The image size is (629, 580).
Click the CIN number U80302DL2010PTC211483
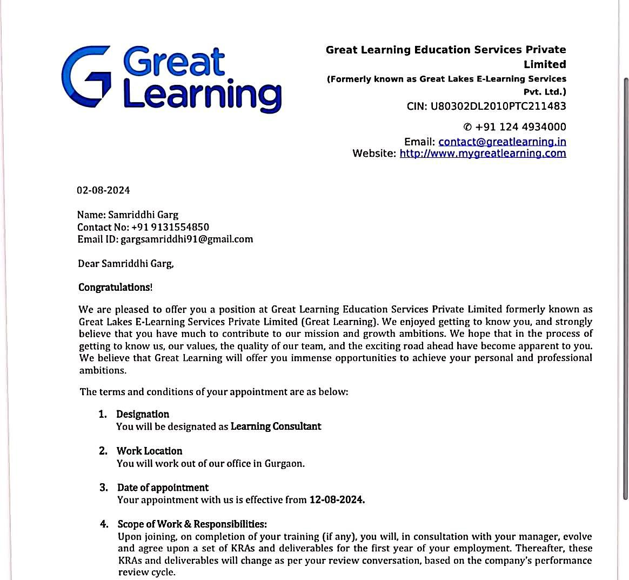point(498,106)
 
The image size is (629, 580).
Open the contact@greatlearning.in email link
point(502,142)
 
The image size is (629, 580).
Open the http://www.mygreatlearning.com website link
point(483,154)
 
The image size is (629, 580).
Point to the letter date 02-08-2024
point(103,190)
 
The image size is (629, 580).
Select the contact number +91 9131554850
point(170,227)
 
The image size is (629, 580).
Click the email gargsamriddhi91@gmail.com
point(186,239)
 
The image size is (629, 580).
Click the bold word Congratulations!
point(115,287)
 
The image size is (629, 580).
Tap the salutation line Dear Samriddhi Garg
point(126,264)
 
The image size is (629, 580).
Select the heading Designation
point(143,414)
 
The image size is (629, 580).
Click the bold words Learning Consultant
point(276,426)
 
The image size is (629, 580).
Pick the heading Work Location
point(149,451)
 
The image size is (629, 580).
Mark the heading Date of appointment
point(163,488)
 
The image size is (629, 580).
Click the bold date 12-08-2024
point(337,500)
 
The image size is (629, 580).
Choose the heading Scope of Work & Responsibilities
point(192,524)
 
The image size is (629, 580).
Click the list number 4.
point(103,524)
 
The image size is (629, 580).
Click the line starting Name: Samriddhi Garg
point(128,215)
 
